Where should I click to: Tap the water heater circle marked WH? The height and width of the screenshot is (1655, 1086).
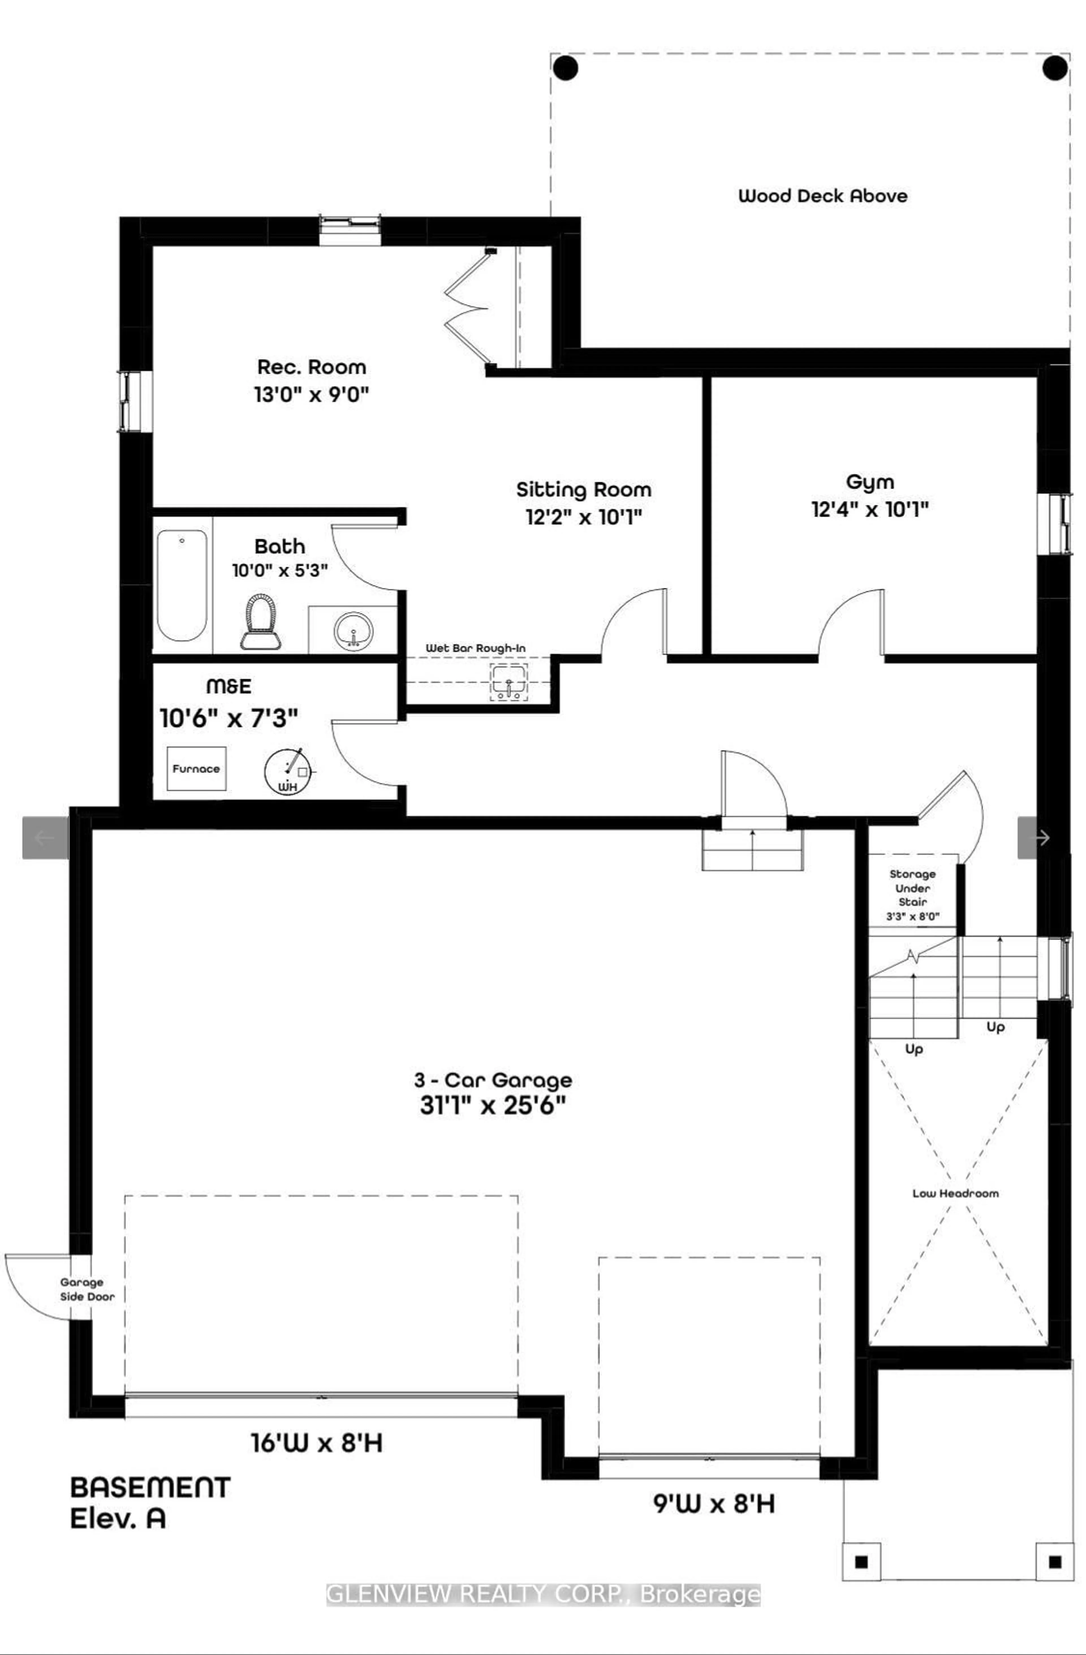pyautogui.click(x=286, y=771)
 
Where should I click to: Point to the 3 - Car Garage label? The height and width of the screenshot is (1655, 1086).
pyautogui.click(x=493, y=1080)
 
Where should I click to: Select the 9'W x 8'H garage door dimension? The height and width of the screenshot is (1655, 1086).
pyautogui.click(x=713, y=1504)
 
